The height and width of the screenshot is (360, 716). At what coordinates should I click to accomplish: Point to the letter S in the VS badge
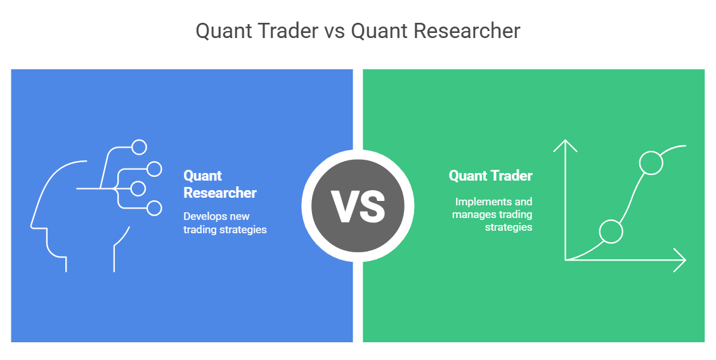point(372,207)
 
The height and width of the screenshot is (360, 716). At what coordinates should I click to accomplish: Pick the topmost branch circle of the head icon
point(139,147)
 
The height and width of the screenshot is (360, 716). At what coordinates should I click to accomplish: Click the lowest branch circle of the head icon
point(154,207)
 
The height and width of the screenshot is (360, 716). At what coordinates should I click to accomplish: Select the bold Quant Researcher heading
point(219,184)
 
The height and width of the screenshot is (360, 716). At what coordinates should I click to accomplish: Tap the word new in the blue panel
point(240,217)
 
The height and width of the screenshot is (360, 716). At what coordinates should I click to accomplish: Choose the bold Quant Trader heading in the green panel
point(490,176)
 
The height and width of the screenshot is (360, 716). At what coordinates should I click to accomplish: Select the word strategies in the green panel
point(509,227)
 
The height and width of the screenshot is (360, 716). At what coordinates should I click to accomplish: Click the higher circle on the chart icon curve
point(651,163)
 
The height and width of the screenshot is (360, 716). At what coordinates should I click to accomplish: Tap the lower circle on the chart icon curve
point(611,231)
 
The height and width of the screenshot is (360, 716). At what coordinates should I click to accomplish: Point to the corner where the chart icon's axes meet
point(565,260)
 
